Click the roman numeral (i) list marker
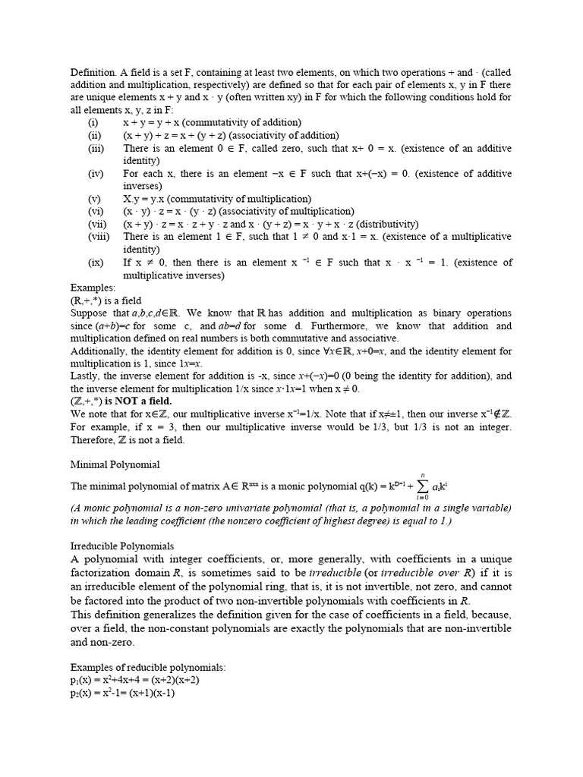point(93,122)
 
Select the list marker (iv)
point(95,173)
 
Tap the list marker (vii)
point(98,224)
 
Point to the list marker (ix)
point(96,263)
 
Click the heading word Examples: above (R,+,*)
point(93,288)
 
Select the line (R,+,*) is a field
point(106,300)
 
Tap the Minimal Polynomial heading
point(115,464)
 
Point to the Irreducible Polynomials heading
point(122,546)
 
